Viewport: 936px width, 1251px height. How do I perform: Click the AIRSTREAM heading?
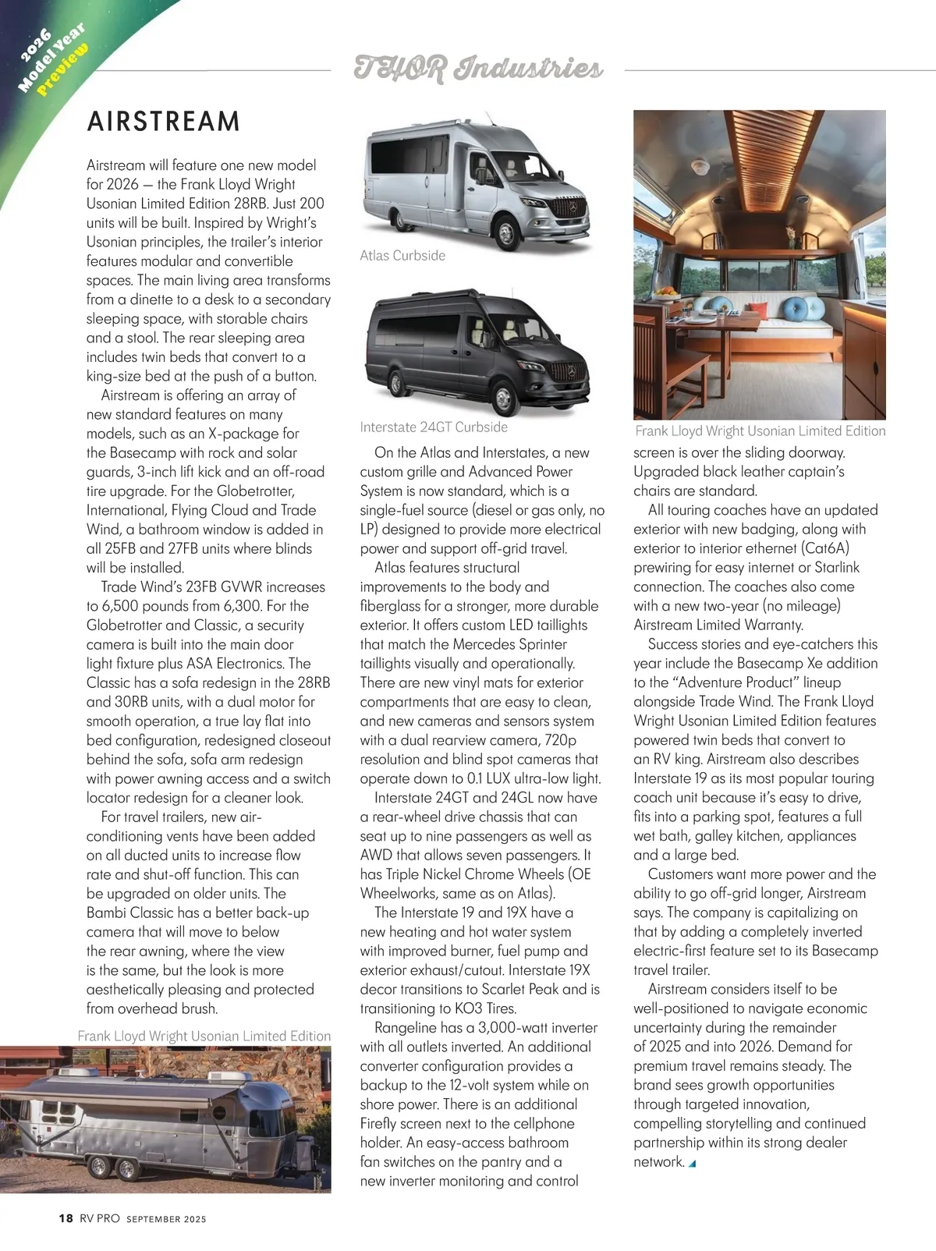(x=164, y=122)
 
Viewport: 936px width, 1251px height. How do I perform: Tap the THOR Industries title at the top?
(x=478, y=69)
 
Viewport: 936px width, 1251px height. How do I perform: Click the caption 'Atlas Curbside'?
(x=402, y=256)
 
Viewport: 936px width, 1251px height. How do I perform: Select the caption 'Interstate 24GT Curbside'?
(x=434, y=427)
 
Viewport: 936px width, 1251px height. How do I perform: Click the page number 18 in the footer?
(x=66, y=1218)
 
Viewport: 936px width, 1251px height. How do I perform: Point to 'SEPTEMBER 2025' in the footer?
(x=166, y=1219)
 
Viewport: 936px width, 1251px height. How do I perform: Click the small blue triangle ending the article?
(x=692, y=1164)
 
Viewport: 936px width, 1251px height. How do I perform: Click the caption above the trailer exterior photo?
(x=204, y=1036)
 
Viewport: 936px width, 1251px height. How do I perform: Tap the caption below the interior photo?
(x=760, y=431)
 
